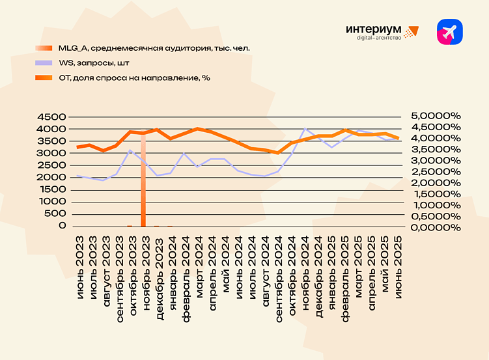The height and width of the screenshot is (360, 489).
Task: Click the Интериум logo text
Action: click(374, 29)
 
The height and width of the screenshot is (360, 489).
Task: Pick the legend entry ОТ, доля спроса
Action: click(133, 77)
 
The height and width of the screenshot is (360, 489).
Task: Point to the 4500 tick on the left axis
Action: click(53, 117)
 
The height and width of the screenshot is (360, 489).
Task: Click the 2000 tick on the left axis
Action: click(53, 177)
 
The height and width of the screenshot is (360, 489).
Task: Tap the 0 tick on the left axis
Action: click(63, 225)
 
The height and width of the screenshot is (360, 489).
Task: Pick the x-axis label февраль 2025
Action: click(346, 264)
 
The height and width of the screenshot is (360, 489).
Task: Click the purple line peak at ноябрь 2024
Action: click(305, 129)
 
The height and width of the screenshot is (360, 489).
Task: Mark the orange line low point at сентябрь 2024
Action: click(279, 153)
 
